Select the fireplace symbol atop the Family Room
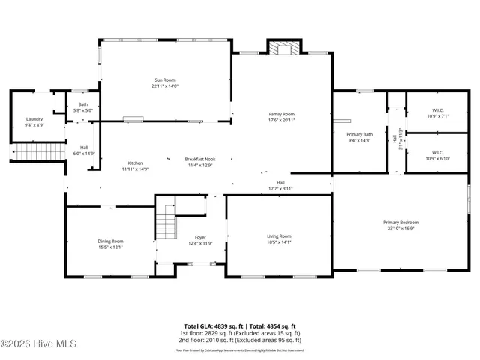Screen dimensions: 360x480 pyautogui.click(x=283, y=49)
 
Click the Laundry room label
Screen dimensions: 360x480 pyautogui.click(x=34, y=119)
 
